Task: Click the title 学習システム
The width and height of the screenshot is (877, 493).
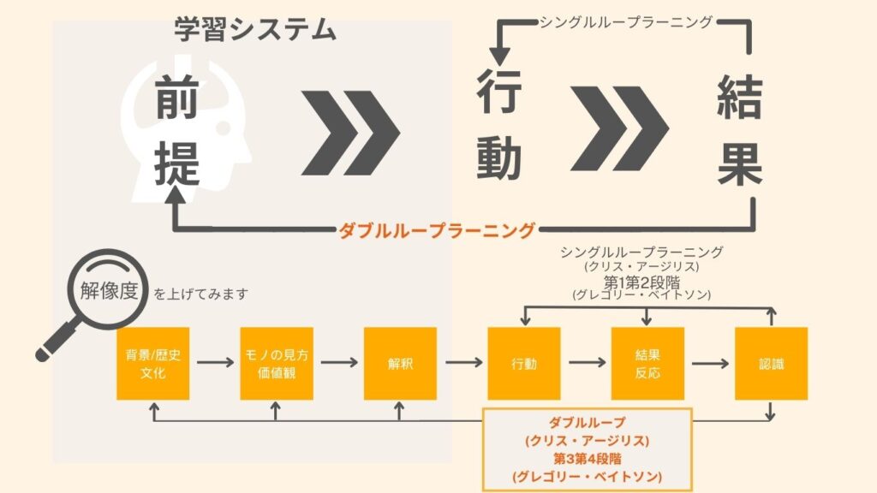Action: tap(255, 30)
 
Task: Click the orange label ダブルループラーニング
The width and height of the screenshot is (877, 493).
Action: tap(437, 230)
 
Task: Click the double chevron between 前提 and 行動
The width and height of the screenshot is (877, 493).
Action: tap(350, 133)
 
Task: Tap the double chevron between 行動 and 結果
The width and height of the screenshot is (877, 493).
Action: tap(620, 128)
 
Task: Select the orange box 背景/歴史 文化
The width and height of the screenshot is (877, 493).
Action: tap(152, 364)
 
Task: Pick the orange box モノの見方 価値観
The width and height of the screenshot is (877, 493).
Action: tap(277, 364)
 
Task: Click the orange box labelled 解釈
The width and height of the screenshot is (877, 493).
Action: tap(400, 364)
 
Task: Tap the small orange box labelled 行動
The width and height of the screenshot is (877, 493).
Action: tap(524, 364)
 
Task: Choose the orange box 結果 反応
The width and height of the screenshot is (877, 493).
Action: tap(647, 364)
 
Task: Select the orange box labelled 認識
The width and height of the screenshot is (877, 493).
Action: tap(772, 364)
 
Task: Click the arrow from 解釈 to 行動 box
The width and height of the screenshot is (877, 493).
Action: tap(463, 363)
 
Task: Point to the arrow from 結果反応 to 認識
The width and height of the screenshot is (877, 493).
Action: tap(710, 363)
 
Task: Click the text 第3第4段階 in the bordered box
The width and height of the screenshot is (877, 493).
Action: tap(588, 459)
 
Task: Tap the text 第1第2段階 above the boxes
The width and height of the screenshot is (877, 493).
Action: tap(641, 282)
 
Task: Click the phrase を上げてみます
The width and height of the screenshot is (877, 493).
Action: tap(200, 294)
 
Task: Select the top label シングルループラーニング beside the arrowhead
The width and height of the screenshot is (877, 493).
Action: tap(626, 22)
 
